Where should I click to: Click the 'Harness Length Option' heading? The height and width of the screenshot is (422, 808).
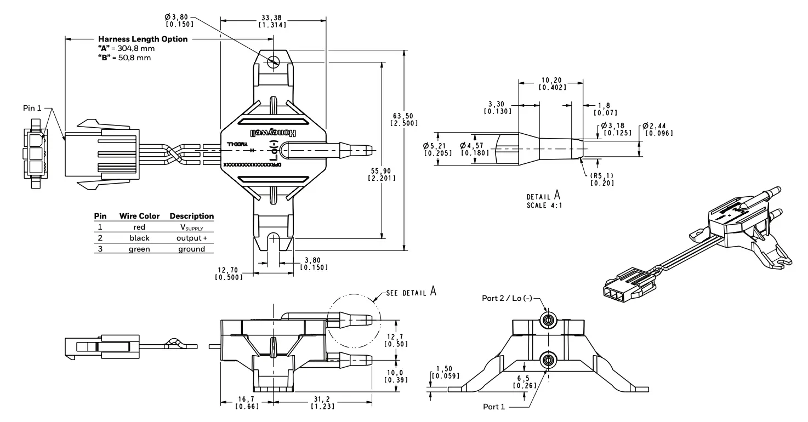[143, 39]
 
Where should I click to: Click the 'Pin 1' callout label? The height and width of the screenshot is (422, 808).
[32, 108]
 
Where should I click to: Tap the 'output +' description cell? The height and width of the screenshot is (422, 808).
[191, 237]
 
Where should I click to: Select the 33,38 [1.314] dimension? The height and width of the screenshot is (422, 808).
[272, 21]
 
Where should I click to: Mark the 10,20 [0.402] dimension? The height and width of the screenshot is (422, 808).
[552, 83]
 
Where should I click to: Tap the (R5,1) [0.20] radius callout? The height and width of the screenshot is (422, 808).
[601, 179]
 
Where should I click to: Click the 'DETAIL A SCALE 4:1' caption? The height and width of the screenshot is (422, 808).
[544, 200]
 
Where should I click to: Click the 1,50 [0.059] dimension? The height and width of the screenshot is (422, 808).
[445, 373]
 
